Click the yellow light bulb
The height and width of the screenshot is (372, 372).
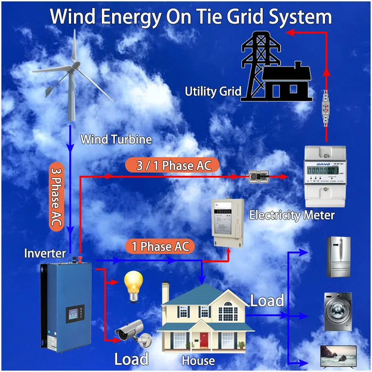pos(133,284)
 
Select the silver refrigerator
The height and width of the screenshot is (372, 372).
pos(339,257)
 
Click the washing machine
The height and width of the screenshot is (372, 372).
pos(338,311)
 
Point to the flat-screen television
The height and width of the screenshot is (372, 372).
pos(338,356)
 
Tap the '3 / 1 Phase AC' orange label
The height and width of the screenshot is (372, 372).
pos(172,166)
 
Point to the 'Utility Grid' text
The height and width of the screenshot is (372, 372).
pos(213,92)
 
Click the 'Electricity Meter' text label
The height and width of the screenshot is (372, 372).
pos(292,215)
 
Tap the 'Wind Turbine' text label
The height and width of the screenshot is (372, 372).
pos(116,139)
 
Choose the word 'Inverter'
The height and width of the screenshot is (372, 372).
pos(45,253)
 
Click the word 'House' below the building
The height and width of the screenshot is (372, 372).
pos(198,360)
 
